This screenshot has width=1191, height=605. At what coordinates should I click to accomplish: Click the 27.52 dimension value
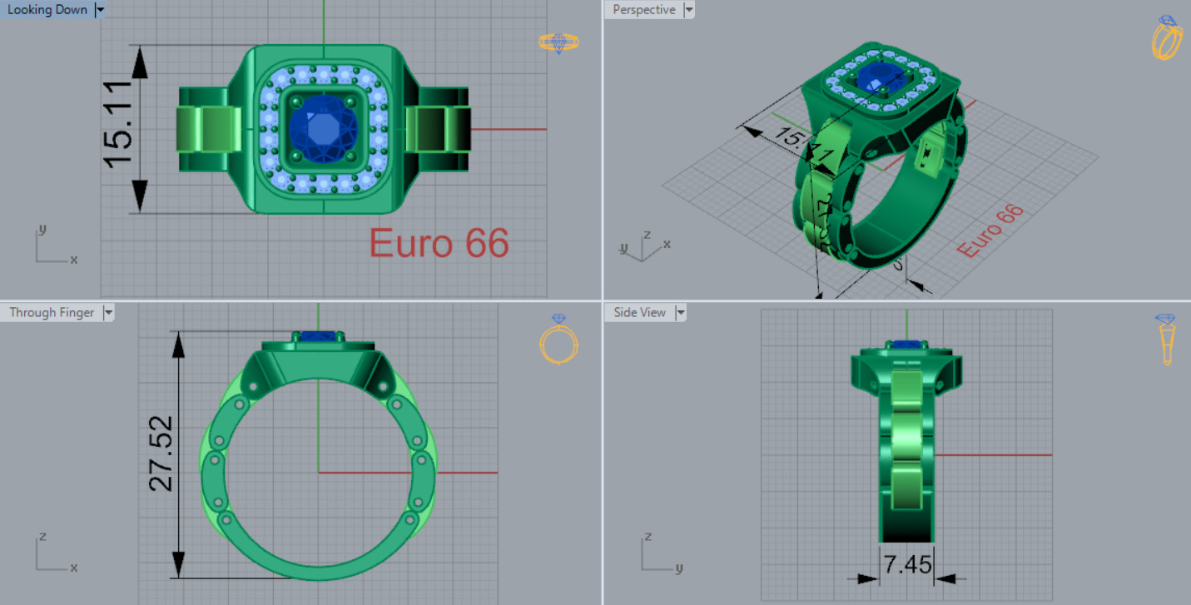pyautogui.click(x=161, y=454)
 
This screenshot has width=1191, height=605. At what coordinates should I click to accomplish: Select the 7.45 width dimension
pyautogui.click(x=907, y=565)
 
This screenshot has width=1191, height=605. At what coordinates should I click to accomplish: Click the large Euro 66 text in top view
pyautogui.click(x=439, y=244)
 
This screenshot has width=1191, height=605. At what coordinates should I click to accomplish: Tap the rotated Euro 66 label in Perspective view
pyautogui.click(x=990, y=231)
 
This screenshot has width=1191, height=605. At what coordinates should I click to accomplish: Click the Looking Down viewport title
pyautogui.click(x=47, y=10)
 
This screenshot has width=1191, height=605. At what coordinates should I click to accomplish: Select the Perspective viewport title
pyautogui.click(x=643, y=10)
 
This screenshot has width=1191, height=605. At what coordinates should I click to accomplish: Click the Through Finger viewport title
pyautogui.click(x=52, y=313)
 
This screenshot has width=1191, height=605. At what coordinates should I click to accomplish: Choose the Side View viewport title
pyautogui.click(x=639, y=313)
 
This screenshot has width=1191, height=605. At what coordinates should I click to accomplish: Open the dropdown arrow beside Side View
pyautogui.click(x=681, y=313)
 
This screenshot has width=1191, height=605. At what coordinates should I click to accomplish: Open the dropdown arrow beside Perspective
pyautogui.click(x=688, y=10)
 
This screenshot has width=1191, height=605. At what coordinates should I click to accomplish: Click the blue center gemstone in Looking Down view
pyautogui.click(x=323, y=129)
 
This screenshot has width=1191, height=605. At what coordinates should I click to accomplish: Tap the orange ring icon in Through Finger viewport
pyautogui.click(x=558, y=340)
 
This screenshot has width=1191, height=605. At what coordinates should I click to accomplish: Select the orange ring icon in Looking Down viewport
pyautogui.click(x=558, y=42)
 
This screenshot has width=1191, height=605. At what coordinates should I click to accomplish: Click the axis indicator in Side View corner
pyautogui.click(x=657, y=555)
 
